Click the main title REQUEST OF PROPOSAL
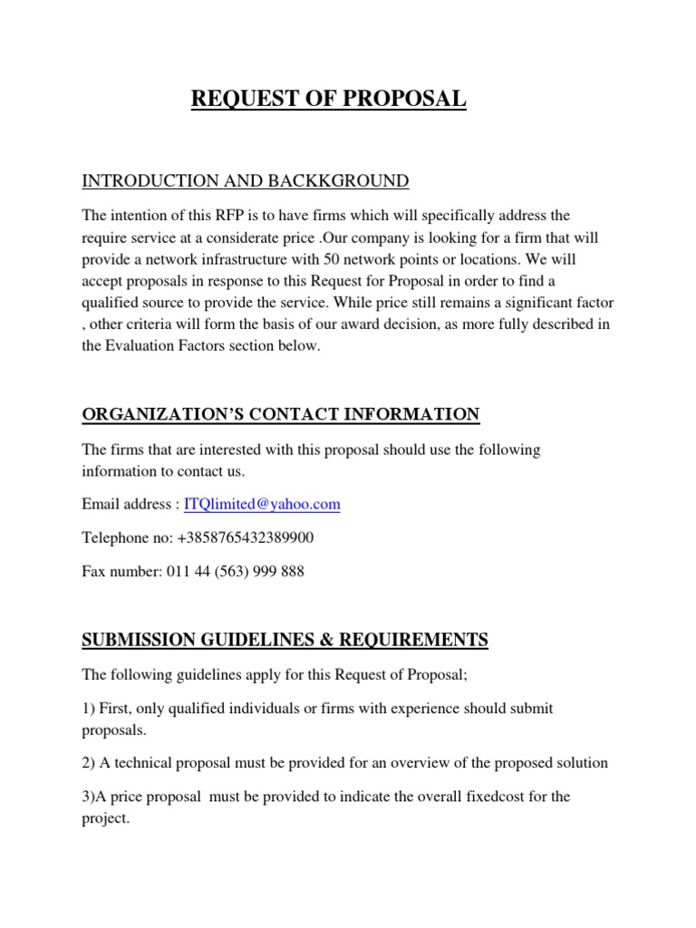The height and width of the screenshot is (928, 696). coord(329,99)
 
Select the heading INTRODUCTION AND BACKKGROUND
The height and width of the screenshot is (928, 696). coord(246,181)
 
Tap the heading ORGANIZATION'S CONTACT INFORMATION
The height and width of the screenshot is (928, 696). coord(281,415)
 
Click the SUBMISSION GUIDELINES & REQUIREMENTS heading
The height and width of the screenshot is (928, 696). coord(285,641)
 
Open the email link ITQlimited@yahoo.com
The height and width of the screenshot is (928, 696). coord(262,504)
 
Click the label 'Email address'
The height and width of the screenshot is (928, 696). coord(126,504)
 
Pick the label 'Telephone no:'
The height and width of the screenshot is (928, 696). coord(128,538)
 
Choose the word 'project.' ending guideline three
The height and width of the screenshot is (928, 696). coord(107,818)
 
